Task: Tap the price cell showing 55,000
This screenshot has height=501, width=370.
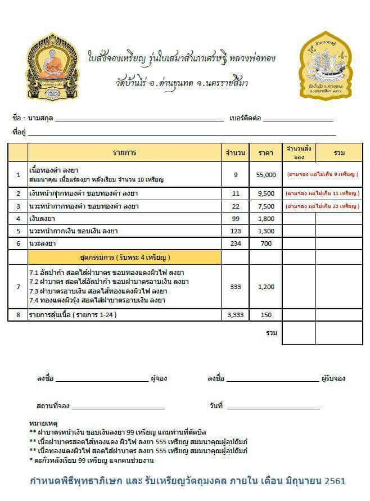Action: (x=266, y=175)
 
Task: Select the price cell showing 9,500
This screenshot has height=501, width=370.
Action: (x=266, y=194)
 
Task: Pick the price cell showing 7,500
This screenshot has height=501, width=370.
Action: (x=266, y=206)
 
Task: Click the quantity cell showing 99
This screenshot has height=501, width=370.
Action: (x=236, y=219)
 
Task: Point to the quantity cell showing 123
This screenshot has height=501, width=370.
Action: (x=236, y=231)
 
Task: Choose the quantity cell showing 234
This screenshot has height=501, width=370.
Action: (x=236, y=243)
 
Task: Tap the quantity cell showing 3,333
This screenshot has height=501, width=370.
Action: (x=236, y=315)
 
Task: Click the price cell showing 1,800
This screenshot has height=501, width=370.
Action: (x=266, y=219)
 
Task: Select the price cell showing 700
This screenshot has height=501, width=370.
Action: (x=266, y=243)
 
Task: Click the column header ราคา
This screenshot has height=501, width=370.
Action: (x=266, y=153)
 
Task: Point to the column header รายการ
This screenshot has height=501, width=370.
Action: (x=124, y=153)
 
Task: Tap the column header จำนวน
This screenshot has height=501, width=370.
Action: (x=236, y=153)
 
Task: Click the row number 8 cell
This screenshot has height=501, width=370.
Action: (x=18, y=315)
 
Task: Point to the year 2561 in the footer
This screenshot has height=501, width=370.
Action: (x=333, y=481)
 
